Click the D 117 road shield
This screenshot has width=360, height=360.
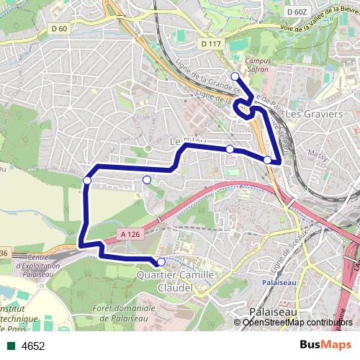pos(211,44)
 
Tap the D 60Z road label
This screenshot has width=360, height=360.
pos(296,12)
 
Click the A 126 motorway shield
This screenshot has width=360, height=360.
pos(130,234)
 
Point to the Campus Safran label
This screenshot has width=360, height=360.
pos(257,66)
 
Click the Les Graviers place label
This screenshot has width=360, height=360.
pos(314,114)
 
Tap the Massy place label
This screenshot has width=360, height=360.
pos(317,153)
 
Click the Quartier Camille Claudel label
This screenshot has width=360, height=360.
pos(175,282)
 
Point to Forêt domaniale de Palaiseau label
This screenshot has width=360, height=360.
pos(125,312)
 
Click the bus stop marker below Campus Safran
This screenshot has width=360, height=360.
pos(235,76)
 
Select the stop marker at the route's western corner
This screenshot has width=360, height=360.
pos(87,180)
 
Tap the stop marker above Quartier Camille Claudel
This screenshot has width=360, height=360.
pos(161,262)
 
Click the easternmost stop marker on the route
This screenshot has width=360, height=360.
pos(267,160)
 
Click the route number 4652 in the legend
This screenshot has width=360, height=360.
pos(33,346)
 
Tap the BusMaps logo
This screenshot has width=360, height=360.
pos(320,345)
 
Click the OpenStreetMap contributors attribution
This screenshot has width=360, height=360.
pos(297,322)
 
